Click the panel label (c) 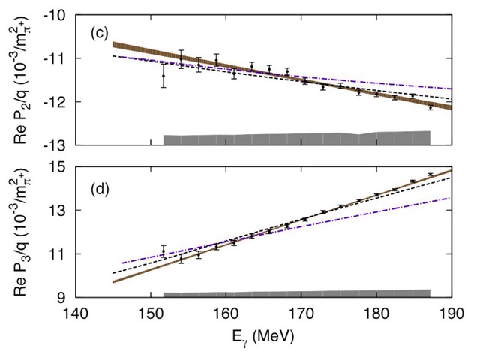click(x=100, y=34)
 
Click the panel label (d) click(x=100, y=190)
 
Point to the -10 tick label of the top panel click(x=55, y=15)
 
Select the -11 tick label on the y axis click(x=55, y=58)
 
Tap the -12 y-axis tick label click(x=55, y=102)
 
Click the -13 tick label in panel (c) click(x=55, y=145)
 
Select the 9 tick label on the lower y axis click(x=61, y=297)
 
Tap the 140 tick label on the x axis click(x=75, y=313)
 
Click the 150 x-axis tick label click(x=151, y=313)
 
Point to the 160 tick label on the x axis click(x=226, y=313)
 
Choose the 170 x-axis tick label click(x=301, y=313)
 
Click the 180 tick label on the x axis click(x=376, y=313)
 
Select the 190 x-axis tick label click(x=451, y=313)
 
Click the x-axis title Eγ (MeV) click(x=263, y=337)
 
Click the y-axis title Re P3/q click(x=22, y=232)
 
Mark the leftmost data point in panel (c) click(x=163, y=76)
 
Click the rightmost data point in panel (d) click(x=430, y=175)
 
